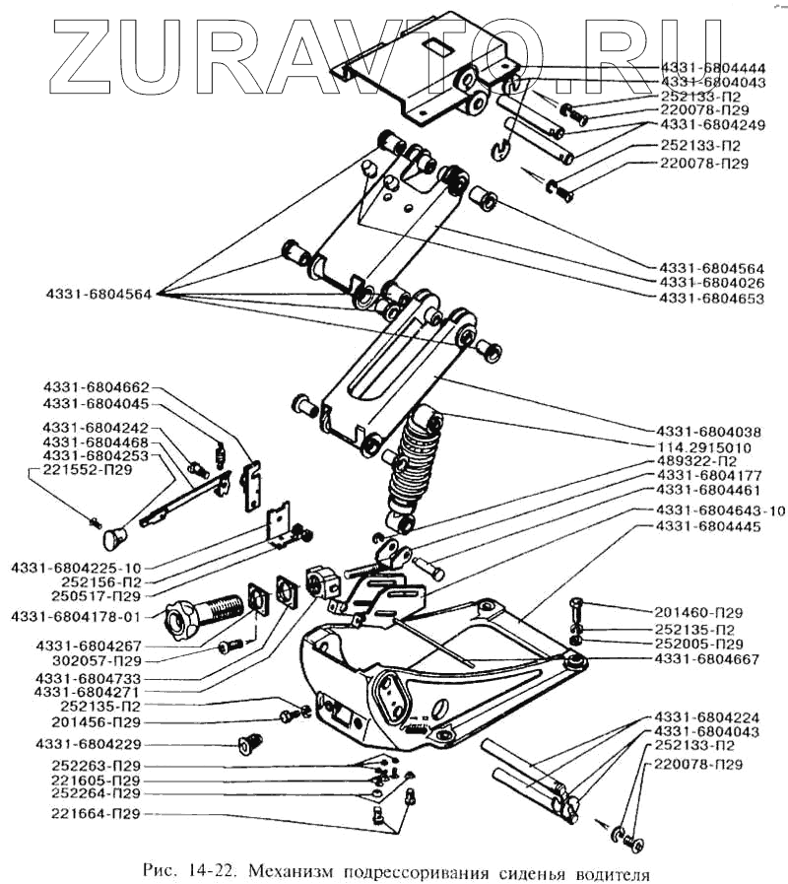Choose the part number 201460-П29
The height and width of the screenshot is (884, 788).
pyautogui.click(x=699, y=612)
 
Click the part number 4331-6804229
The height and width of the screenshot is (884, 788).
pyautogui.click(x=87, y=742)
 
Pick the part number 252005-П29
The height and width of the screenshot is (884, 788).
pyautogui.click(x=699, y=644)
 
